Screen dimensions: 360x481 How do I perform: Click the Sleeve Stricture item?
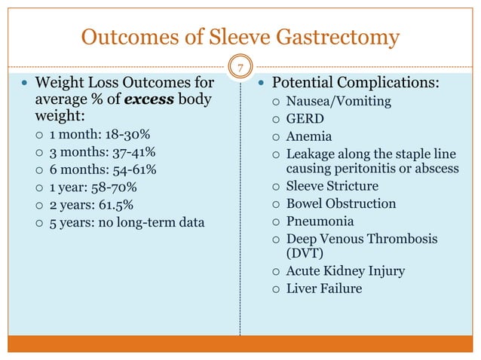tap(332, 186)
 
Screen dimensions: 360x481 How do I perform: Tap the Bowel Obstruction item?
tap(341, 203)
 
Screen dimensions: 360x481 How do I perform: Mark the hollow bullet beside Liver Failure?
tap(277, 289)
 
